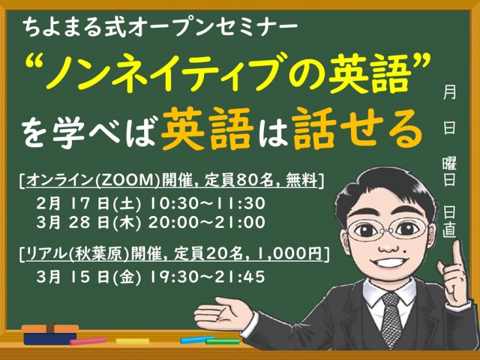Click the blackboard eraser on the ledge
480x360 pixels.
(50, 334)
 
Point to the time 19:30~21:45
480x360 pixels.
(204, 277)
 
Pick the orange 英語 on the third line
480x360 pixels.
(206, 130)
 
